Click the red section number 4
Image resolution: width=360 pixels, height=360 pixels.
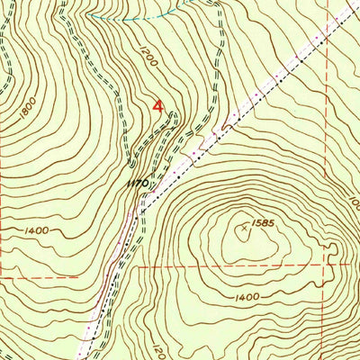click(159, 106)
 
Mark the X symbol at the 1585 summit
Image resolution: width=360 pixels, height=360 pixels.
click(244, 229)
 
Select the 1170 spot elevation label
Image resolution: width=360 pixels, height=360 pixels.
click(137, 183)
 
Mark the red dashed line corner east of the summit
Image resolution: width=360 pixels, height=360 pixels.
click(328, 267)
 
